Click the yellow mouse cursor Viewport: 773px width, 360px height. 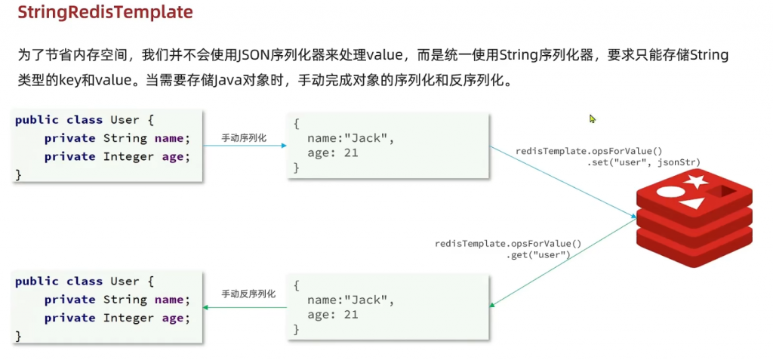593,119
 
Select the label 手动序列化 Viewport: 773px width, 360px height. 243,139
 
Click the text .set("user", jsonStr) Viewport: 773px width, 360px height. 644,162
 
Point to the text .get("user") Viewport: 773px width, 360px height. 538,255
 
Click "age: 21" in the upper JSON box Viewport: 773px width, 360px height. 333,153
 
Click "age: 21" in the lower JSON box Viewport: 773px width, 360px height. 333,315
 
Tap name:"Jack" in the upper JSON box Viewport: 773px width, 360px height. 351,138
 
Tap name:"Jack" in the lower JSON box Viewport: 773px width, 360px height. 351,300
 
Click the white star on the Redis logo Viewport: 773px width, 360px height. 696,181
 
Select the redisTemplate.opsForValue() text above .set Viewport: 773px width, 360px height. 589,151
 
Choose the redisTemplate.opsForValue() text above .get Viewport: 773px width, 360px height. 508,244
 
